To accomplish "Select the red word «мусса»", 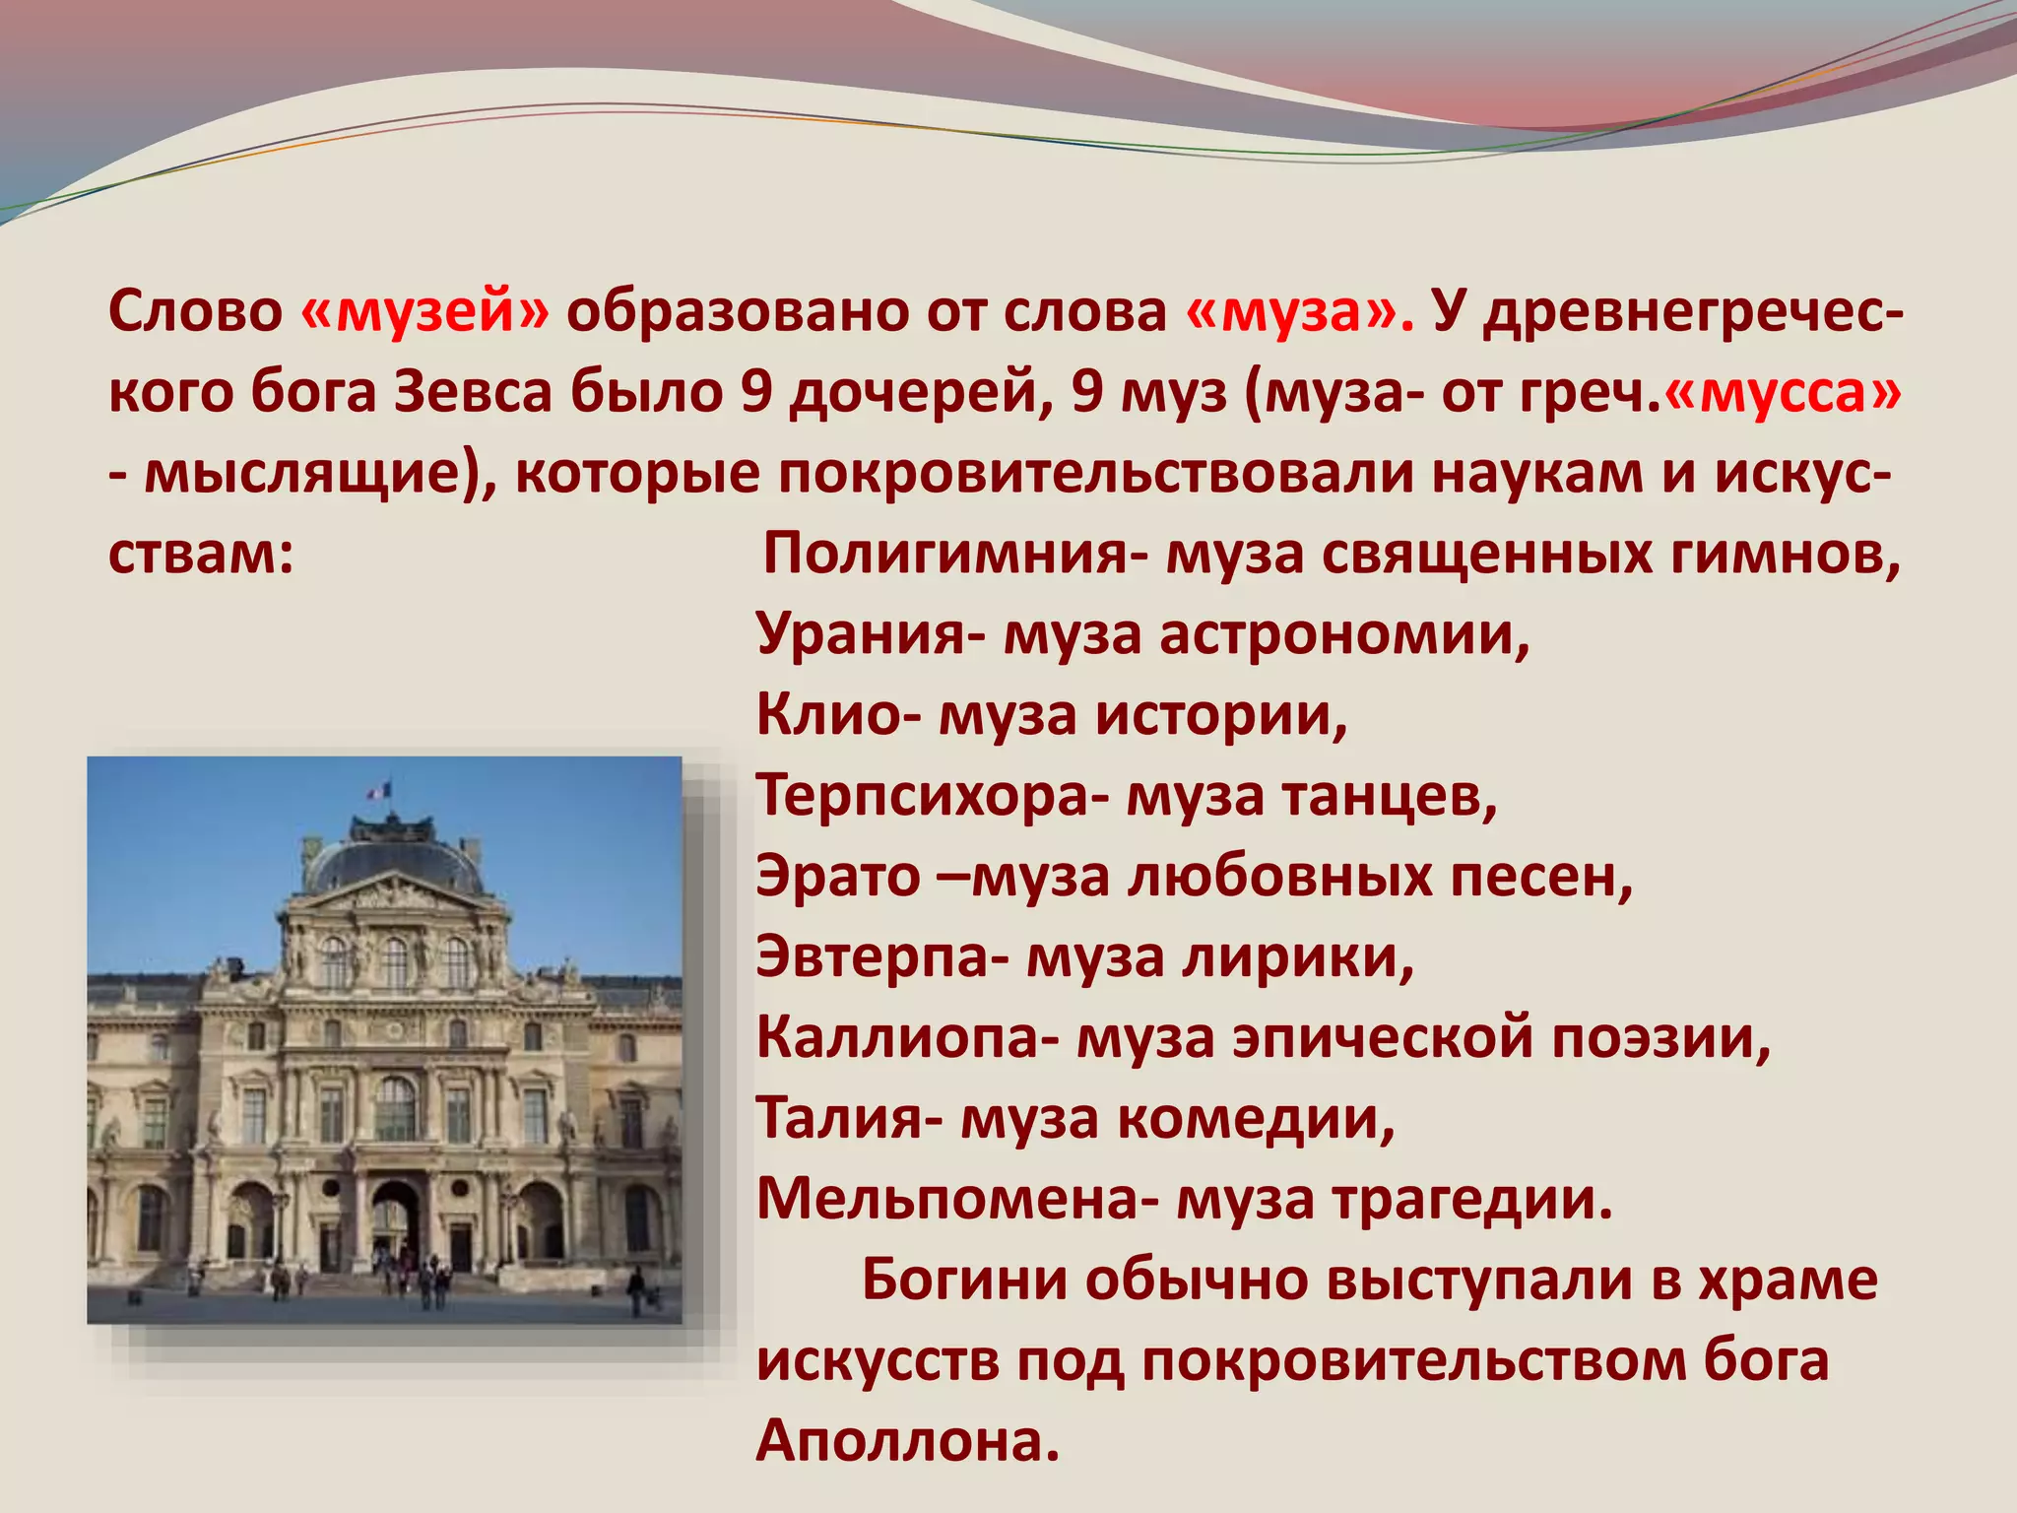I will pos(1783,393).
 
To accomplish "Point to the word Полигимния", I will pos(945,555).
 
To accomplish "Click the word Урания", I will pos(862,635).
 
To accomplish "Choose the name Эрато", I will pos(837,878).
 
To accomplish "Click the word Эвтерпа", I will pos(873,958).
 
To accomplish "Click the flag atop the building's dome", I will pos(379,790).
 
